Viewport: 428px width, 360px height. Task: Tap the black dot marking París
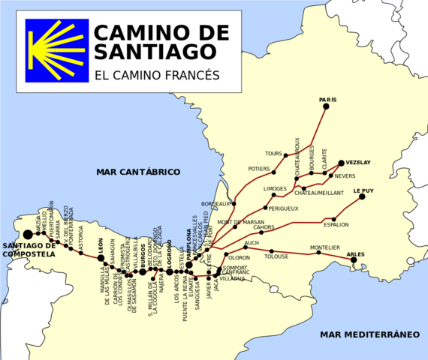(326, 106)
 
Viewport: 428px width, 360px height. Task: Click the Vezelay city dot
(341, 163)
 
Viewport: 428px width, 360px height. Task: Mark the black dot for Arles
(354, 260)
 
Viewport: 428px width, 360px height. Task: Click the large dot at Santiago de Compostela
(28, 234)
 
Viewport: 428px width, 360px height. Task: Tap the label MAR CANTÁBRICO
(138, 172)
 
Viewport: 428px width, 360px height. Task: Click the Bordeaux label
(216, 204)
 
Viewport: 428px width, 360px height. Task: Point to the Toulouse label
(276, 256)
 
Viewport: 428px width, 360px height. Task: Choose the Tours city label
(273, 153)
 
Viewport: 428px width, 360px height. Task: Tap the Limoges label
(275, 188)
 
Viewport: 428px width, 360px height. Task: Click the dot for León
(101, 257)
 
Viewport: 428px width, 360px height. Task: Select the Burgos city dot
(143, 271)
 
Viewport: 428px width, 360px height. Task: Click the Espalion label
(336, 224)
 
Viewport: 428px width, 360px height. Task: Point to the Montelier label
(325, 247)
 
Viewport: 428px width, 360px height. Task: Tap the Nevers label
(345, 176)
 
